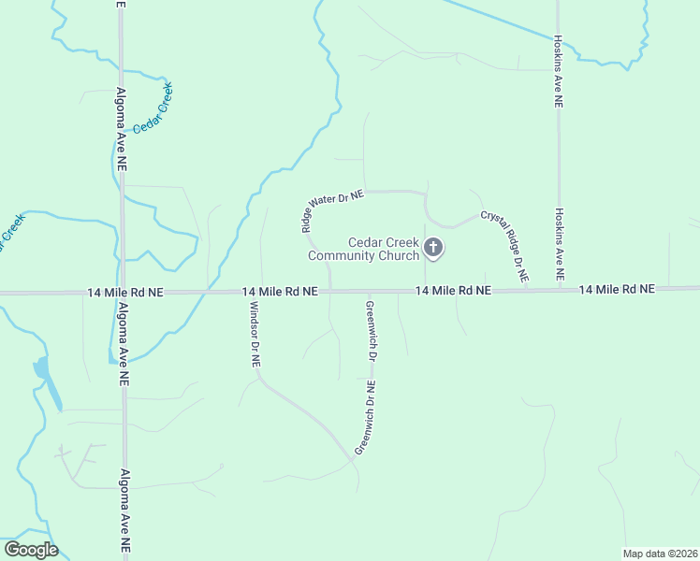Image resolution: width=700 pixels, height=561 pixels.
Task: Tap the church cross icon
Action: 433,248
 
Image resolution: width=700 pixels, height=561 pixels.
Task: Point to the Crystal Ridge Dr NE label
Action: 505,247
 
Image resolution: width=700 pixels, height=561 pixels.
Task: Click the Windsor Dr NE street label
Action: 254,334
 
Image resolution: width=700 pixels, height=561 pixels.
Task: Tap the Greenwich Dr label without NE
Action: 371,332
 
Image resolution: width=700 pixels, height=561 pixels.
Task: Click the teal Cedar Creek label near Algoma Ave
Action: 153,108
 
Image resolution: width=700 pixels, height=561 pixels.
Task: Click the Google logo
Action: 31,550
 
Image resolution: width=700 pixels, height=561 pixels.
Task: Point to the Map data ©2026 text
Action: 660,554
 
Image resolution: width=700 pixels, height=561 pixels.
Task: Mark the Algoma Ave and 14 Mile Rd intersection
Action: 122,293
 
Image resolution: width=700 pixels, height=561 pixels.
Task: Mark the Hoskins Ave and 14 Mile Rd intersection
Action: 559,290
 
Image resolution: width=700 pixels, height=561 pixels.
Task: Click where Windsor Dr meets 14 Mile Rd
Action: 254,292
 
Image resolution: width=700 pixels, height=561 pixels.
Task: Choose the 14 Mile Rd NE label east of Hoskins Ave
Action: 618,290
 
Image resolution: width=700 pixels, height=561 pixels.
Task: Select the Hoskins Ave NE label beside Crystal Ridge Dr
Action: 559,245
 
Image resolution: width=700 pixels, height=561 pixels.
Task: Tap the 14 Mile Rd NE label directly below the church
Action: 453,291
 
